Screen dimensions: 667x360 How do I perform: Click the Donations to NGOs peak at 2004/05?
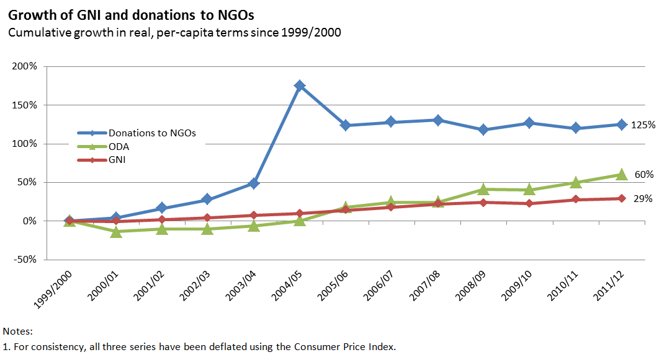pyautogui.click(x=300, y=86)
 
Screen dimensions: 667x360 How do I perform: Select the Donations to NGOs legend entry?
pyautogui.click(x=137, y=133)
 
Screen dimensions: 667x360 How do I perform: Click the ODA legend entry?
pyautogui.click(x=103, y=147)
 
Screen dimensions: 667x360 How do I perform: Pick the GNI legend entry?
pyautogui.click(x=101, y=160)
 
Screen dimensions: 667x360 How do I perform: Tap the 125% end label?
pyautogui.click(x=643, y=125)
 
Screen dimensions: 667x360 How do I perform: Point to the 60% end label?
pyautogui.click(x=644, y=175)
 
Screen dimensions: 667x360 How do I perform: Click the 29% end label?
pyautogui.click(x=643, y=198)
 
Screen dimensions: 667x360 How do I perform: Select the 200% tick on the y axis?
pyautogui.click(x=25, y=66)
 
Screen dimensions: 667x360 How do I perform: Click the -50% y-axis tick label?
pyautogui.click(x=25, y=260)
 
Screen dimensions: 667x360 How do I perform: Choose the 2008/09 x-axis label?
pyautogui.click(x=470, y=286)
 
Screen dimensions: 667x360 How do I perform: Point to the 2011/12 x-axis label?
pyautogui.click(x=609, y=286)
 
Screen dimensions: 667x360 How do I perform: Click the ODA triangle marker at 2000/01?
pyautogui.click(x=116, y=232)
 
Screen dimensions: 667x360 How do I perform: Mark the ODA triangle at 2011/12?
pyautogui.click(x=622, y=174)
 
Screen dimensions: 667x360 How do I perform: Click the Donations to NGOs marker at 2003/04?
pyautogui.click(x=254, y=183)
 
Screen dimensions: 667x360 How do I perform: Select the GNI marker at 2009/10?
pyautogui.click(x=529, y=203)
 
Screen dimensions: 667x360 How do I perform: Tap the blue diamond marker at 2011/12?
pyautogui.click(x=622, y=125)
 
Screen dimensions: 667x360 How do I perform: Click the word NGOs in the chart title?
pyautogui.click(x=236, y=15)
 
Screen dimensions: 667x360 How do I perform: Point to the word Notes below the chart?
pyautogui.click(x=17, y=331)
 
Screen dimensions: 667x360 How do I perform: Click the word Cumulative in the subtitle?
pyautogui.click(x=40, y=33)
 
